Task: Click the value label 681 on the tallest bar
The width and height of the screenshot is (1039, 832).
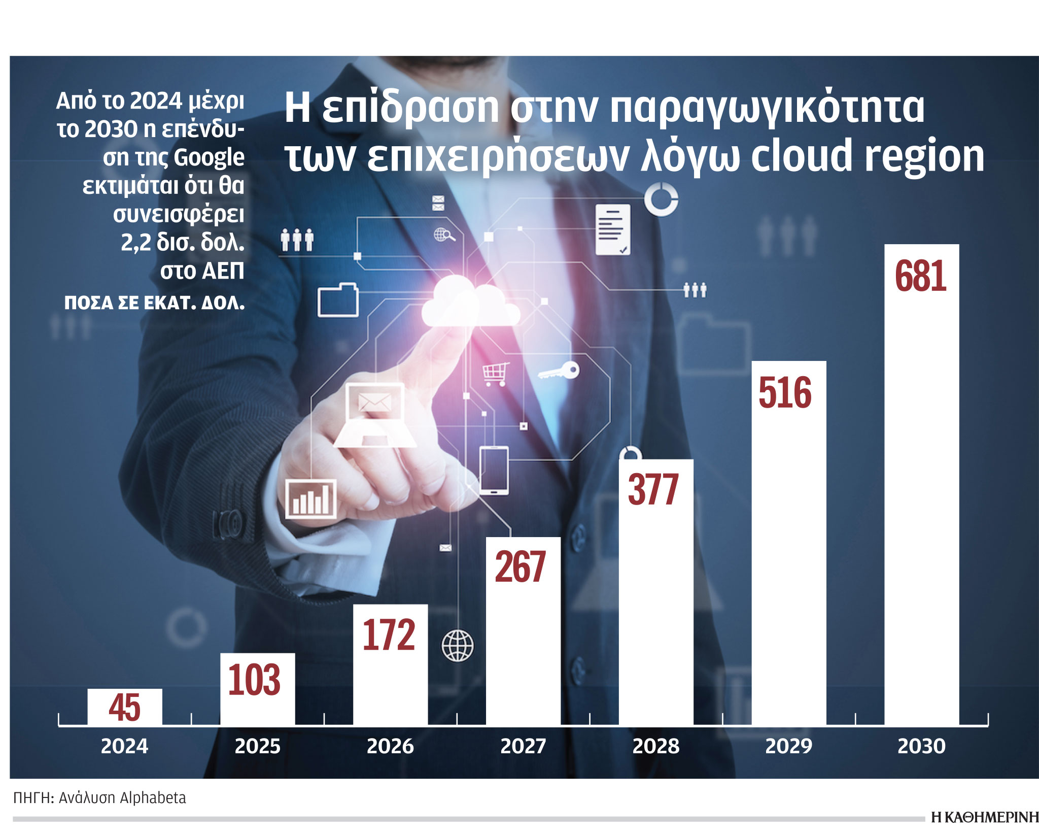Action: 920,277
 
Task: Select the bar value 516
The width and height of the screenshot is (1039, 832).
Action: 785,393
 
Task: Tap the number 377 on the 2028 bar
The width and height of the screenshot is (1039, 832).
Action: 653,490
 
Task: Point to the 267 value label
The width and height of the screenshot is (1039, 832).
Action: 521,567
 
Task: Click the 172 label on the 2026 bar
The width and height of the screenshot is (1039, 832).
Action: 389,635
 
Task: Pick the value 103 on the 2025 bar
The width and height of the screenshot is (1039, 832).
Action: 254,680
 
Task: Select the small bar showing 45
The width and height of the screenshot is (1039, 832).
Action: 125,707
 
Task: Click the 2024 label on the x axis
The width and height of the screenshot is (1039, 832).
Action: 124,746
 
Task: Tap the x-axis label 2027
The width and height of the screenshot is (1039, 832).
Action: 523,746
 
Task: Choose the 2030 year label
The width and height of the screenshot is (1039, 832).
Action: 921,746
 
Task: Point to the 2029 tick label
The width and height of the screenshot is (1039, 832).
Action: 788,746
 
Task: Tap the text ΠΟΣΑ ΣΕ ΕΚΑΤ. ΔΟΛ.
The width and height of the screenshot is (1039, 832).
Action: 154,303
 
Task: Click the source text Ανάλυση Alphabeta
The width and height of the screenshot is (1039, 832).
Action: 122,797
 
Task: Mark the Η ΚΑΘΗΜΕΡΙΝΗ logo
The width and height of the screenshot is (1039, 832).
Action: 984,817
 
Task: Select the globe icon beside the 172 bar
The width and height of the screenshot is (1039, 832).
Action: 458,646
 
